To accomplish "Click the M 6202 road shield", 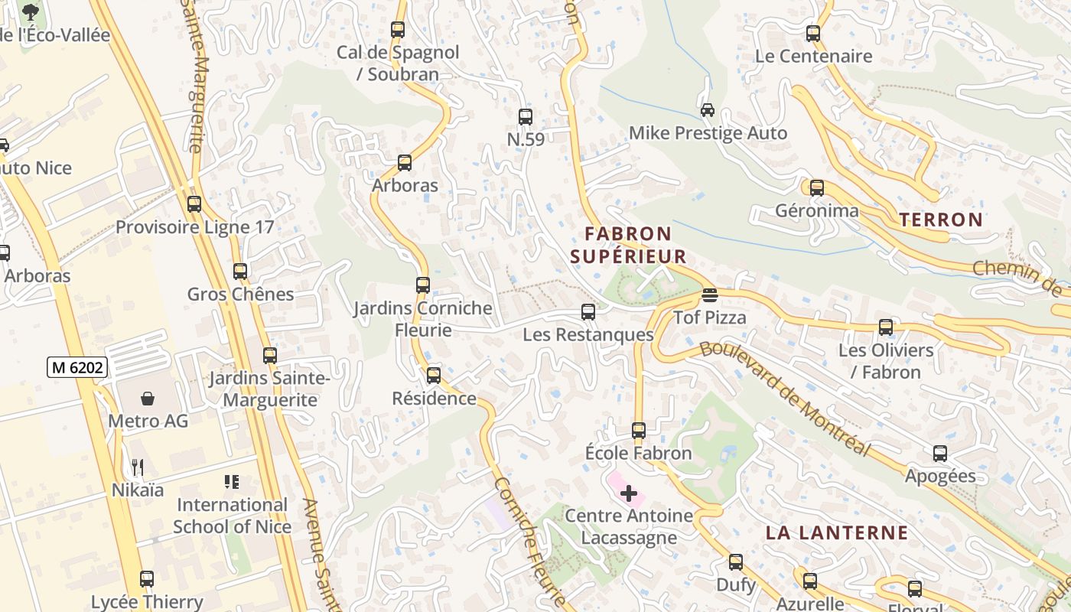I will click(76, 367).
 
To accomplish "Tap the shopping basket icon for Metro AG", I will click(148, 399).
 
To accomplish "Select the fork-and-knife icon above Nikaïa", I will click(138, 467).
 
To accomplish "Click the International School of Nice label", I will click(232, 516).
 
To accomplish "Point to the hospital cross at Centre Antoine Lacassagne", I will click(629, 493).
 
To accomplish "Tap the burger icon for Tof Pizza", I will click(710, 295).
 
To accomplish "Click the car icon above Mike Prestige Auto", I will click(708, 110).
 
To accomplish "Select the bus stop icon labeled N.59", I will click(526, 117).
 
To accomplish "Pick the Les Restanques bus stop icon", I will click(588, 312).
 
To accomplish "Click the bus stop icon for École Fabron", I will click(639, 431).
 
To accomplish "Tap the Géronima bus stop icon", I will click(817, 188).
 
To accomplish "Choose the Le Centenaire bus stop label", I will click(813, 56).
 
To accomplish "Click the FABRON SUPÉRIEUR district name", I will click(628, 245).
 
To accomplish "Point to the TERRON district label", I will click(941, 220).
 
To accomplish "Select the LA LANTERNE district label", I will click(837, 533).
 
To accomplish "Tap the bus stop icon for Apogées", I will click(940, 454).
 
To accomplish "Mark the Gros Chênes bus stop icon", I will click(240, 272).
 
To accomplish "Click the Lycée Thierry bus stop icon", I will click(147, 579).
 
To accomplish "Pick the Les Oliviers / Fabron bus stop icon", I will click(886, 327).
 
